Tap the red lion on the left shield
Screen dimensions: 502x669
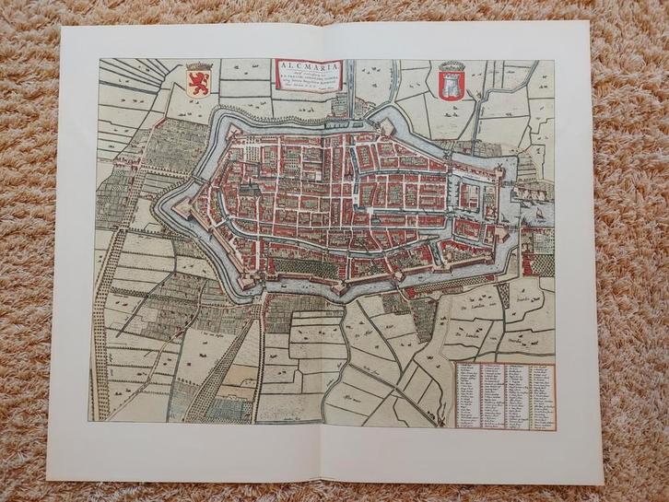click(x=196, y=82)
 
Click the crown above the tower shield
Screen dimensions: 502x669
click(x=450, y=65)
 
